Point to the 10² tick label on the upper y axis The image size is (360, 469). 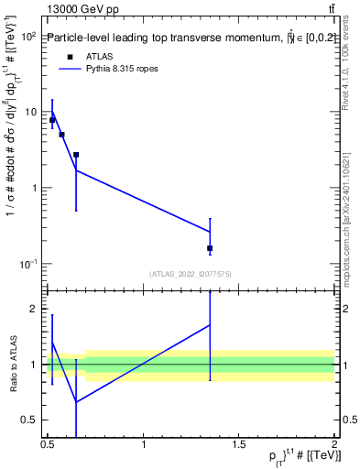[27, 37]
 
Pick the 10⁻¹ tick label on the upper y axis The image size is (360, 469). [27, 264]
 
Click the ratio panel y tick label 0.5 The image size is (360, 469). [28, 420]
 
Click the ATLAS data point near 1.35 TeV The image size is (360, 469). [210, 248]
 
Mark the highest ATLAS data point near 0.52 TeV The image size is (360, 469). [52, 120]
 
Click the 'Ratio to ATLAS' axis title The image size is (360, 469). [13, 365]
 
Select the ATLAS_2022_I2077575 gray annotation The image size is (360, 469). [190, 273]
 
